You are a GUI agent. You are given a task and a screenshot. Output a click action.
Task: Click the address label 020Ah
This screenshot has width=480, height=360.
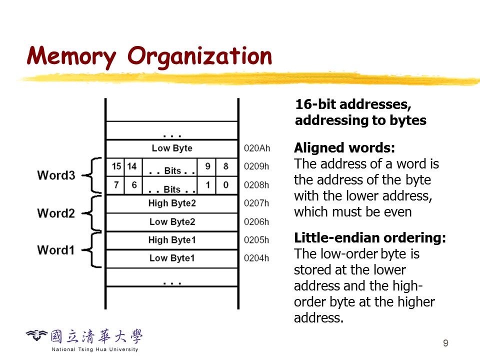(256, 148)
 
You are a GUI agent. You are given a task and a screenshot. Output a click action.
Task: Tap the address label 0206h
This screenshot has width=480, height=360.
(256, 221)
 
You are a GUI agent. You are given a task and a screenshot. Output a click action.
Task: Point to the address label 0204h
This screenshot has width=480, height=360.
(256, 258)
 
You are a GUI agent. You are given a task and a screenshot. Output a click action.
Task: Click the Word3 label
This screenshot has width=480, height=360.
(56, 175)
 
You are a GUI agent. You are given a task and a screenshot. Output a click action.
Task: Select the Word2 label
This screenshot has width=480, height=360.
(56, 213)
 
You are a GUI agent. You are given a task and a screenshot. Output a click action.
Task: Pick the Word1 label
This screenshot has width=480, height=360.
(56, 250)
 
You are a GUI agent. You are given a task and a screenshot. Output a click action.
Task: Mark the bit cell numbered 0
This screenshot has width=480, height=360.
(226, 185)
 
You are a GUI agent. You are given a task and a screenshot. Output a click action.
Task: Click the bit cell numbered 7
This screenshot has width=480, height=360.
(116, 185)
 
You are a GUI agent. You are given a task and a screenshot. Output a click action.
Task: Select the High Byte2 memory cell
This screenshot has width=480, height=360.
(172, 203)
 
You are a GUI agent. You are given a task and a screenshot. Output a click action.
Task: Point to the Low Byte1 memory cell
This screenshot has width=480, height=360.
(172, 258)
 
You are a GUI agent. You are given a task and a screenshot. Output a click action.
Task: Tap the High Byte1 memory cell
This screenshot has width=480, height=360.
(172, 240)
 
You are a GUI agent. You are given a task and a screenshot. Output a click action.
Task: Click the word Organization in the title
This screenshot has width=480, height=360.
(200, 56)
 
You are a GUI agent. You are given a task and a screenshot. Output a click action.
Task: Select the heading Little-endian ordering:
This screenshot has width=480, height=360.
(370, 238)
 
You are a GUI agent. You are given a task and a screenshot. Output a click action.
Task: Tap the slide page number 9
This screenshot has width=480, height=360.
(445, 343)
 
